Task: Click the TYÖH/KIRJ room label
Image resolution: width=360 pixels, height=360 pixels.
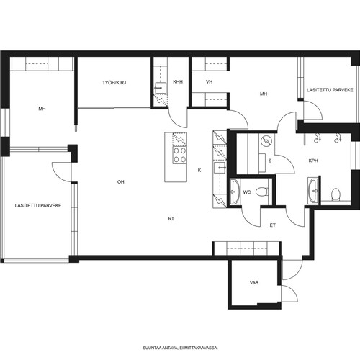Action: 114,83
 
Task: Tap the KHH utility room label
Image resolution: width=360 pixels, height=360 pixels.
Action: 178,82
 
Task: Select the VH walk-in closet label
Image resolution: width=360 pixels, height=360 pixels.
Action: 210,82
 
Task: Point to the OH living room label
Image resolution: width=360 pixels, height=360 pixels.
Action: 121,182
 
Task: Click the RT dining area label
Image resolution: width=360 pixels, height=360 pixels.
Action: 171,219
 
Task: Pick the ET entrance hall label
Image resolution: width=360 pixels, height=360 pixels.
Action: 273,225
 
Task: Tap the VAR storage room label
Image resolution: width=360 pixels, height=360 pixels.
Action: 254,283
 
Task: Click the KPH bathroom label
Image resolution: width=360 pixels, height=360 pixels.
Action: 313,161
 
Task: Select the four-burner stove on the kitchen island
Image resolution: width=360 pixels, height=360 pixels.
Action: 180,155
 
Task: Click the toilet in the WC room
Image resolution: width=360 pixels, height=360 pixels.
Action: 262,192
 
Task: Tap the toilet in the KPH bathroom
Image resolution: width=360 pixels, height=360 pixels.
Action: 336,194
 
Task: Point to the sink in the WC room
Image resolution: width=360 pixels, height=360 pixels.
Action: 235,192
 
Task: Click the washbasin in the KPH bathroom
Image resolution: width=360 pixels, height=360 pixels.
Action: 313,191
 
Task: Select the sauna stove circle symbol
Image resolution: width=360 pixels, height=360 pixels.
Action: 266,141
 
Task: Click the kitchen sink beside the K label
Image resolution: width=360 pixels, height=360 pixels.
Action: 220,168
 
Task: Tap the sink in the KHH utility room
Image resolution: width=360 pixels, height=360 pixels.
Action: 161,88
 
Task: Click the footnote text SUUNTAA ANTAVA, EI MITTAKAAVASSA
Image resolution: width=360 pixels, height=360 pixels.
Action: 180,348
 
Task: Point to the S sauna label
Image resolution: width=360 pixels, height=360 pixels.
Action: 270,161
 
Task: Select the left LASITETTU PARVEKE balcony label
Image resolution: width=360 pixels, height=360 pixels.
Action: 38,206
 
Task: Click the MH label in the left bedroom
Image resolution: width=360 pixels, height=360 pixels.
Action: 42,109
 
